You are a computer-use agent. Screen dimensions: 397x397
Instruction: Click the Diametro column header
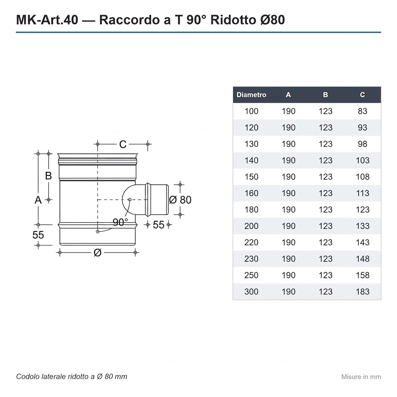[251, 95]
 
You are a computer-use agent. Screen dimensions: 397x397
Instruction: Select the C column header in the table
[362, 95]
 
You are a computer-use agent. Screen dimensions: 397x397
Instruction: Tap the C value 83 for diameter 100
[362, 111]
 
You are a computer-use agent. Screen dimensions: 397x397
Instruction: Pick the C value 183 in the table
[362, 292]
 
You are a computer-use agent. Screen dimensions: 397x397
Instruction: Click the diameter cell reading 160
[251, 193]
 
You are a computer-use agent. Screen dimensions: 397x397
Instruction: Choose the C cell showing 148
[362, 259]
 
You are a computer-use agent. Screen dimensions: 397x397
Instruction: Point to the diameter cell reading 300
[251, 292]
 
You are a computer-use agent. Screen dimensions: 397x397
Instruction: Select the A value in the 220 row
[288, 242]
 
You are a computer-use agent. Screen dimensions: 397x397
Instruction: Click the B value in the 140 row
[325, 160]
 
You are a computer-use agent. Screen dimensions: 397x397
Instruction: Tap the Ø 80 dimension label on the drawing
[180, 200]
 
